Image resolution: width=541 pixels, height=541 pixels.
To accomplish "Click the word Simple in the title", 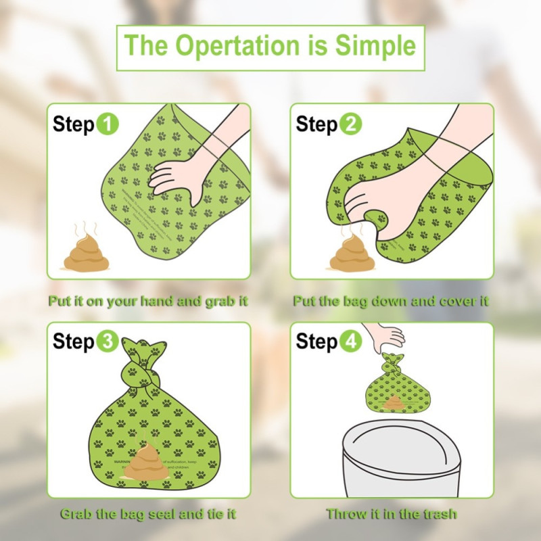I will click(376, 46).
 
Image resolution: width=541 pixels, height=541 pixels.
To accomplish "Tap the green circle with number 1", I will click(108, 124).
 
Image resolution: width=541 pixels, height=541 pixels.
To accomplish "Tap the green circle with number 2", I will click(350, 124).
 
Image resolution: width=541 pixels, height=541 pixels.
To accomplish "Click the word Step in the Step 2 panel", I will click(316, 124).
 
